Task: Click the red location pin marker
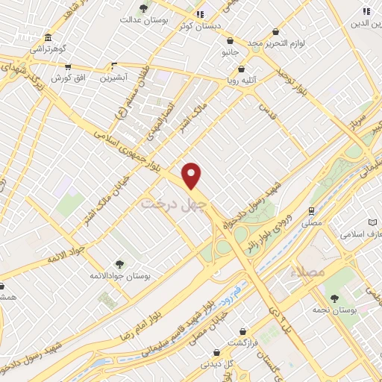(x=192, y=175)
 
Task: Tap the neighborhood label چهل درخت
(x=167, y=203)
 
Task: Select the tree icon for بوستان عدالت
(x=143, y=10)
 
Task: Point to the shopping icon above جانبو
(x=230, y=41)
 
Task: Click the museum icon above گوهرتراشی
(x=48, y=38)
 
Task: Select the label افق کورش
(x=69, y=78)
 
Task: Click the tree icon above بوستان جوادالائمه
(x=119, y=263)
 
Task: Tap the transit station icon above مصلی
(x=312, y=210)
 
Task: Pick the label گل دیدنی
(x=216, y=364)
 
